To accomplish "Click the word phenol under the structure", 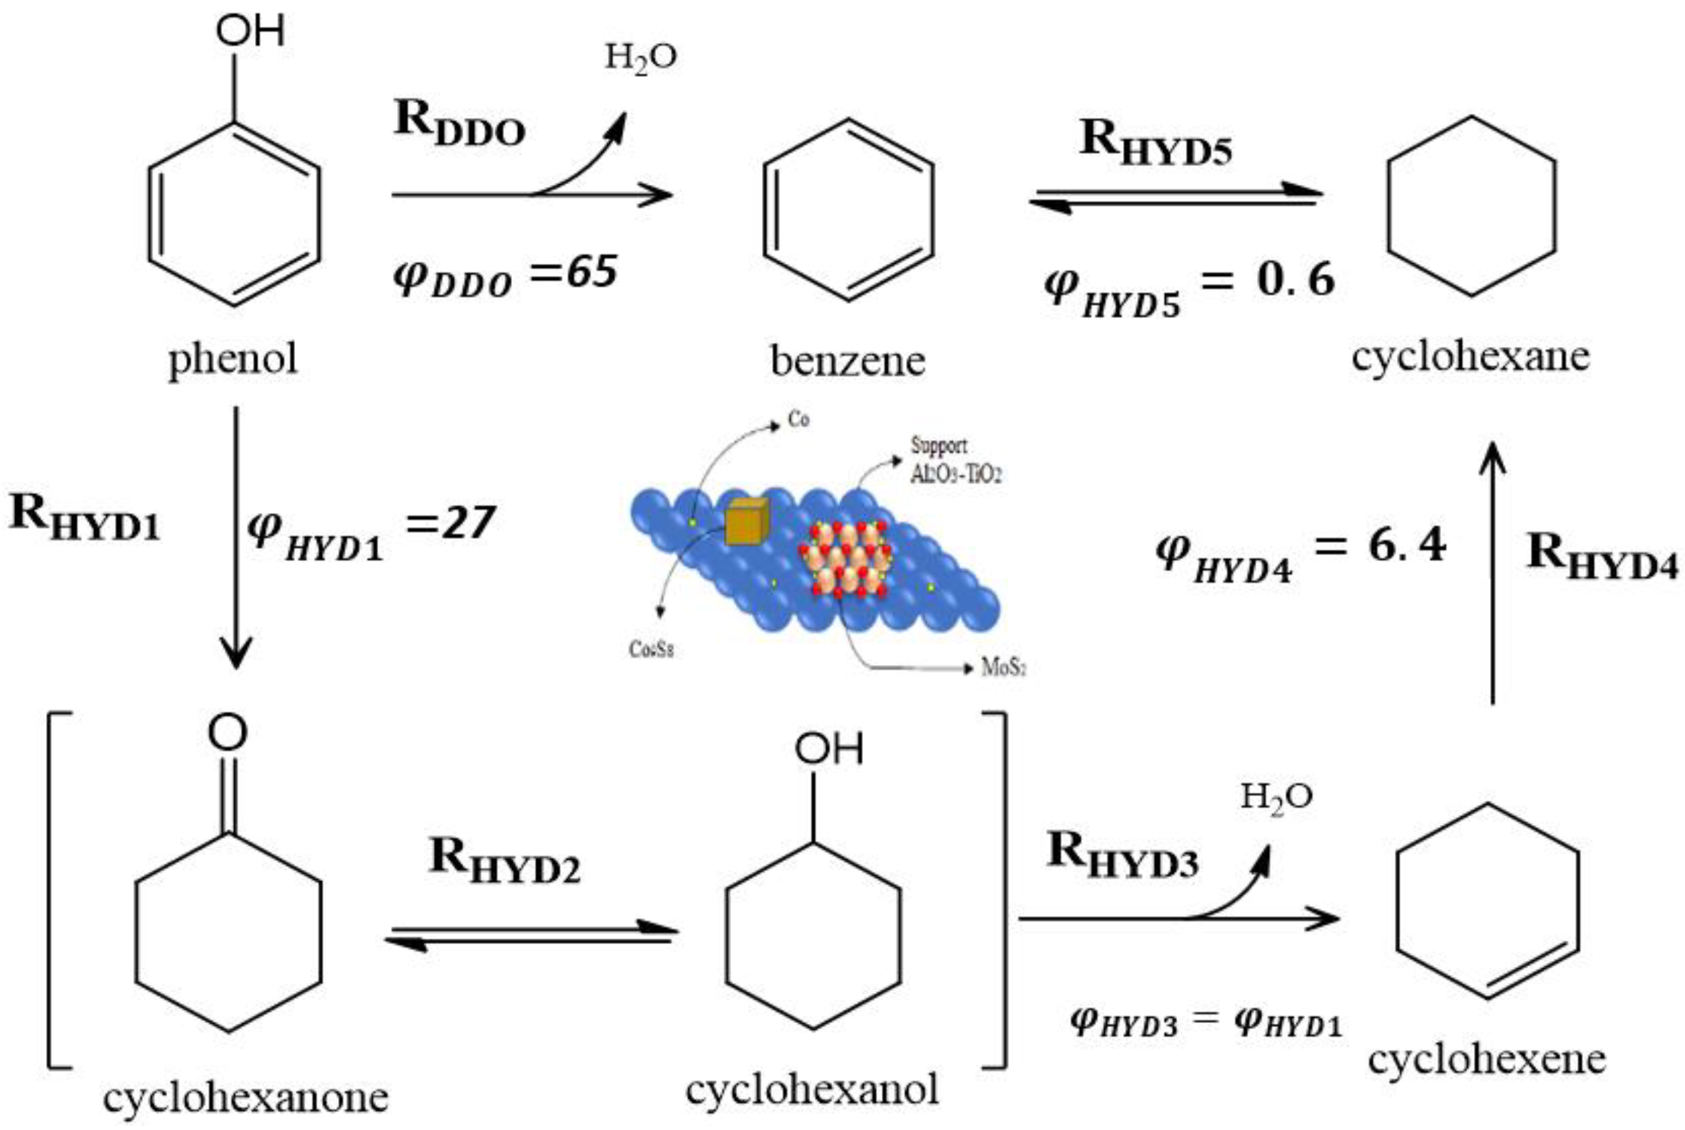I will [x=232, y=358].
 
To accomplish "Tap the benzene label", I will [x=848, y=361].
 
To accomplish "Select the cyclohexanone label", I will [x=245, y=1098].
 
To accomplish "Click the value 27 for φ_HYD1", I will [x=469, y=523].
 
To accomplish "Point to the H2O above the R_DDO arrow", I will [x=640, y=58].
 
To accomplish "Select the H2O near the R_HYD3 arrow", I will [x=1276, y=797].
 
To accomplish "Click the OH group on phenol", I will [x=250, y=32].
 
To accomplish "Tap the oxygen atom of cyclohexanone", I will [x=228, y=732].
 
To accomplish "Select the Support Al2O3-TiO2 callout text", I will [x=955, y=460].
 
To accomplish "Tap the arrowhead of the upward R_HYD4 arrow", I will [x=1492, y=458].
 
